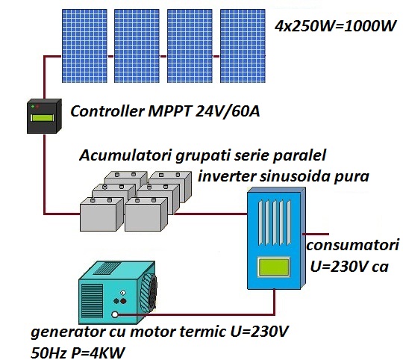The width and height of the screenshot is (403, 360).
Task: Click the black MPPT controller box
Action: [x=43, y=117]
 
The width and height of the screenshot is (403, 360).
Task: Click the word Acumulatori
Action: [x=125, y=158]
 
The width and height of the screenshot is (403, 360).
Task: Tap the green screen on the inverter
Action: [x=274, y=267]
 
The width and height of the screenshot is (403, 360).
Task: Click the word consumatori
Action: [x=353, y=246]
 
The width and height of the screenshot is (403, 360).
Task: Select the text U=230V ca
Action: [x=348, y=267]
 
